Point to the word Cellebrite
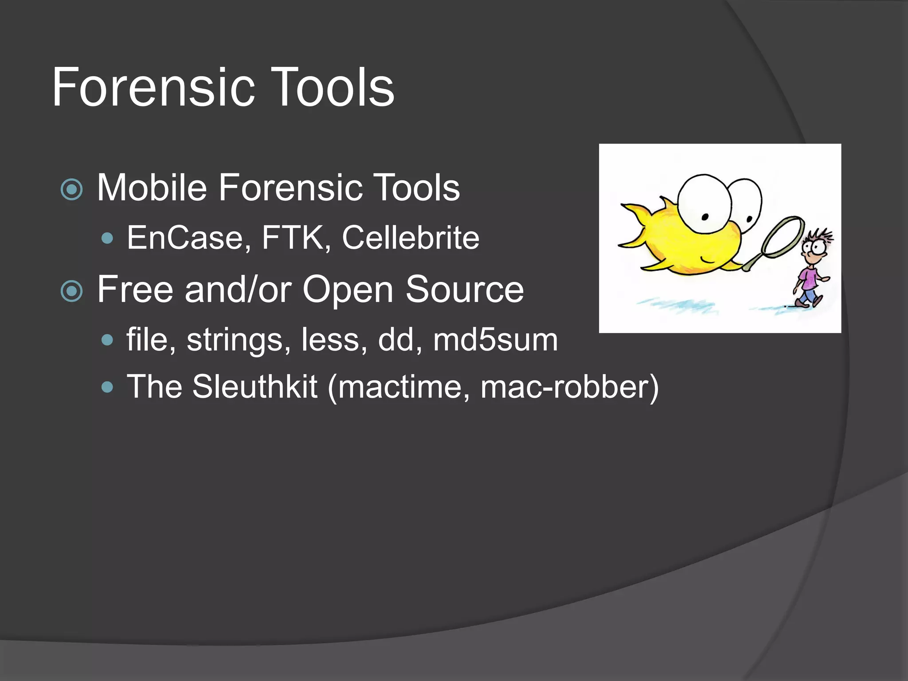pyautogui.click(x=411, y=238)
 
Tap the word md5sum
pyautogui.click(x=495, y=340)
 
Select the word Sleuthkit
pyautogui.click(x=254, y=387)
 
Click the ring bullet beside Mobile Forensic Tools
pyautogui.click(x=72, y=190)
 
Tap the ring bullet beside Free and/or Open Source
pyautogui.click(x=72, y=291)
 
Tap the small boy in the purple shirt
pyautogui.click(x=811, y=275)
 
